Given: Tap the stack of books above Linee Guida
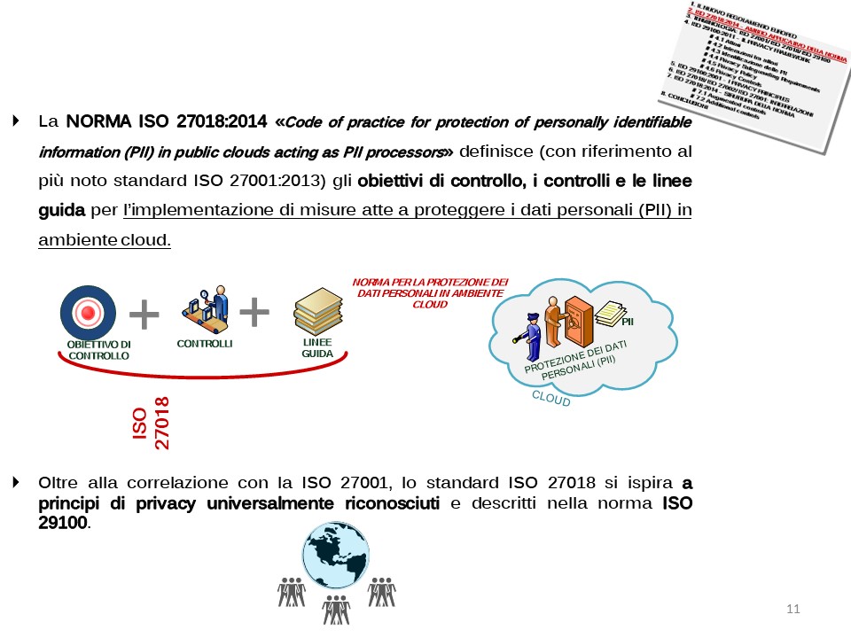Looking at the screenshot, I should [317, 310].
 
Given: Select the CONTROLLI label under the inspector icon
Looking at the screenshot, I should [204, 344].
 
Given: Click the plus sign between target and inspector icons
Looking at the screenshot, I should [144, 313].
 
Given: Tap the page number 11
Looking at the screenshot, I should [792, 609].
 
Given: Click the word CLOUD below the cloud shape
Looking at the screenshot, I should [551, 399].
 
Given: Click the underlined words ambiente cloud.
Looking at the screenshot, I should [105, 240].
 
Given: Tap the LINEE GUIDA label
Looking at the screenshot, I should [317, 347].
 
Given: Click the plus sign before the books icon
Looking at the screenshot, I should [254, 311].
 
